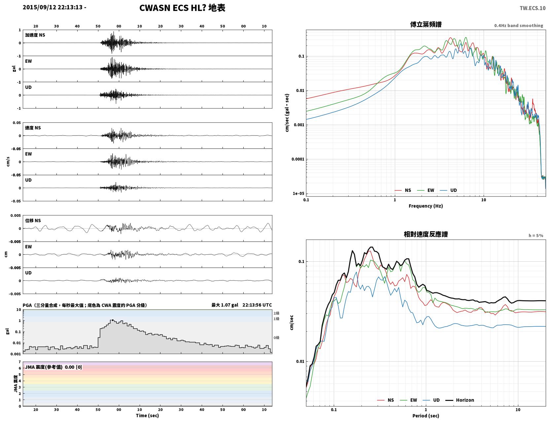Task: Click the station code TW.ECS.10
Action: coord(532,8)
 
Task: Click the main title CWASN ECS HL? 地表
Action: coord(182,8)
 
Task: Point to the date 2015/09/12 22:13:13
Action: coord(52,7)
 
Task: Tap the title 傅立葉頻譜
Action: coord(426,24)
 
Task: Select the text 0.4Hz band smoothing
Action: coord(518,25)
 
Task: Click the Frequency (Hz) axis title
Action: coord(426,206)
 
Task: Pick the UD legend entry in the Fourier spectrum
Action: coord(448,190)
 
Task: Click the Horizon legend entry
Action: coord(460,400)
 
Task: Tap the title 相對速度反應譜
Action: coord(426,234)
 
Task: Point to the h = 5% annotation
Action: coord(535,236)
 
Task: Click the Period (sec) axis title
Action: coord(426,416)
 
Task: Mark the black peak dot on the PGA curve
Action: coord(113,320)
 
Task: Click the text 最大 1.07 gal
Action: coord(224,305)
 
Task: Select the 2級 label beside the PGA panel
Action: coord(276,313)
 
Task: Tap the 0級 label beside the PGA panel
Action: coord(276,338)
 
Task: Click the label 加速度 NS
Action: coord(35,35)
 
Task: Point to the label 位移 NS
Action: coord(33,221)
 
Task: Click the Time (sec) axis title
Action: coord(147,415)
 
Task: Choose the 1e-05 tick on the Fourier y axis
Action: coord(298,194)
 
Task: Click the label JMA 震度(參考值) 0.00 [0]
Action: coord(53,367)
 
